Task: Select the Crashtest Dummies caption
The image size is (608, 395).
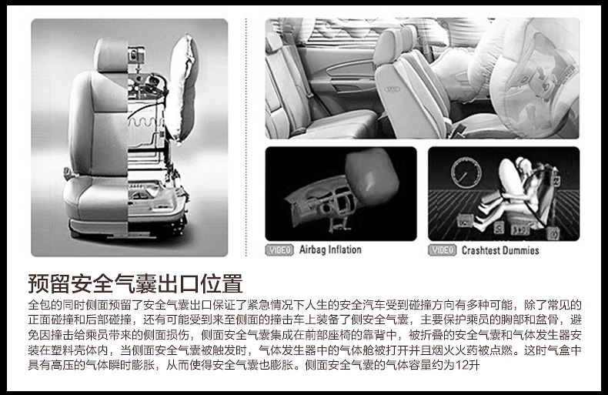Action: point(500,250)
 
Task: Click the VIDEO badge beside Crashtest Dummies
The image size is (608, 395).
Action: point(443,250)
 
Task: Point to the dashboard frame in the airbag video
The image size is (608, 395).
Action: point(323,204)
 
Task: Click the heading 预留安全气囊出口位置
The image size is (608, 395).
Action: point(135,283)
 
